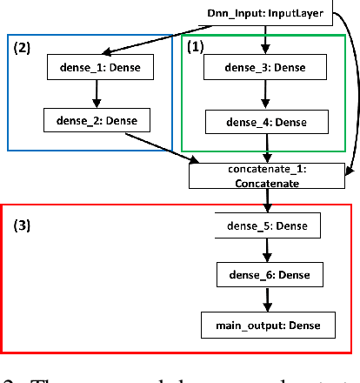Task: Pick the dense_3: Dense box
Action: [x=265, y=67]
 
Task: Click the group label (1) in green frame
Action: [x=197, y=48]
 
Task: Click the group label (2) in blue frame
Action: [x=23, y=50]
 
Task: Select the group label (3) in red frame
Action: [x=23, y=224]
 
